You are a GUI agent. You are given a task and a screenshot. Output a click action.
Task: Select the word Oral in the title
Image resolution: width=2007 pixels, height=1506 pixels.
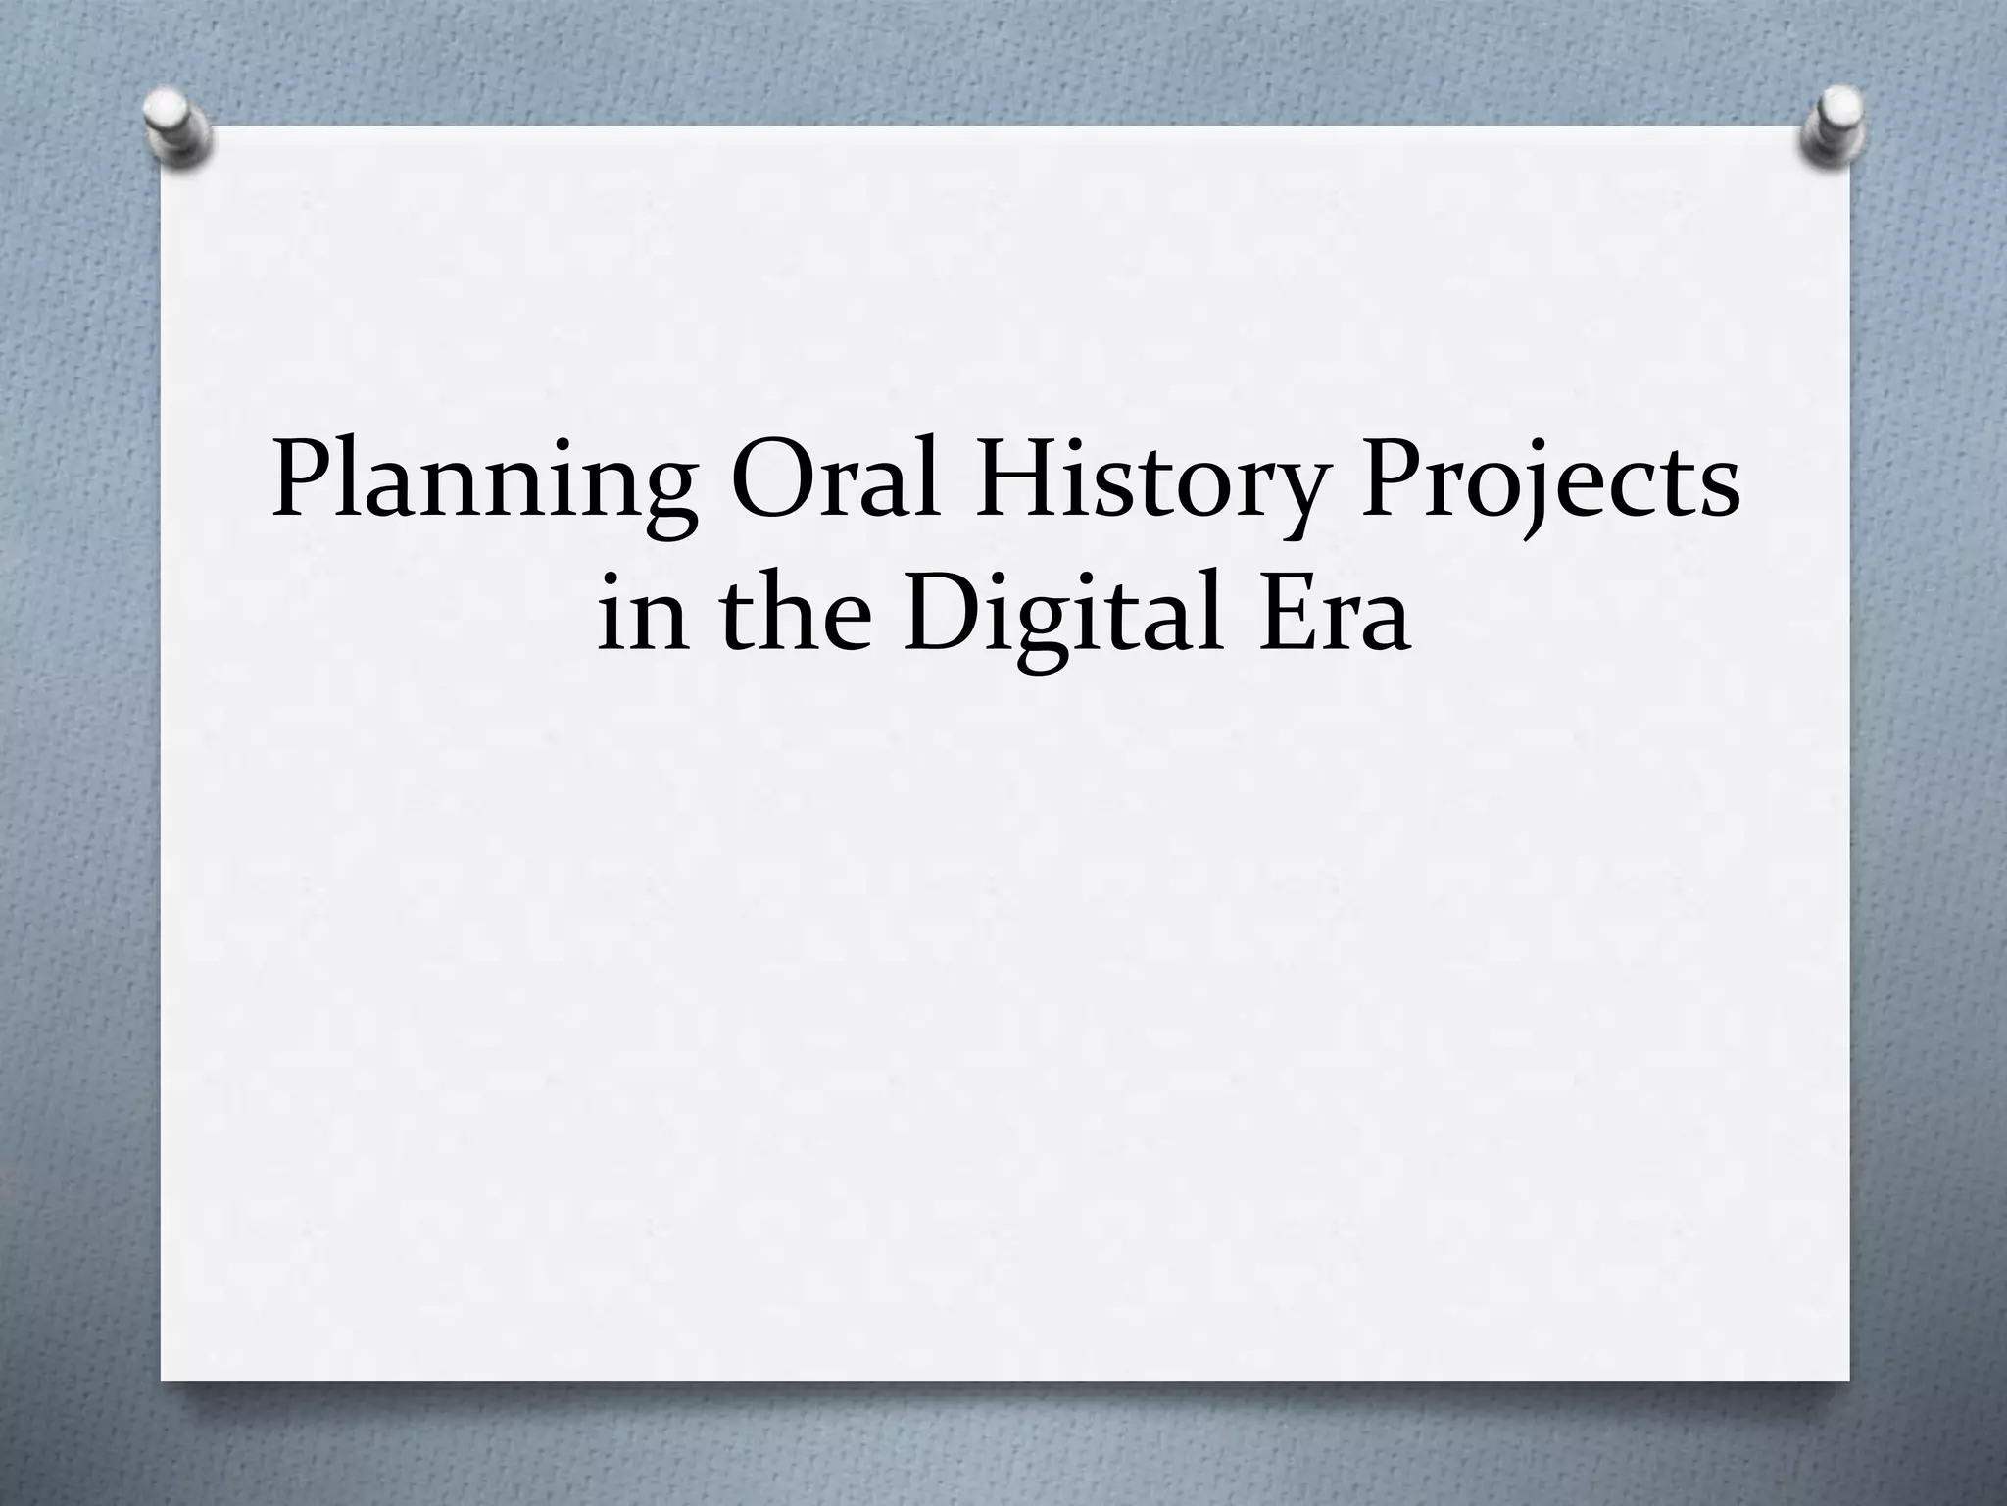[x=836, y=480]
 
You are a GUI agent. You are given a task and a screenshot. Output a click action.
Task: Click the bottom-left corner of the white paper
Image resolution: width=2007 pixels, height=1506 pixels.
[x=163, y=1380]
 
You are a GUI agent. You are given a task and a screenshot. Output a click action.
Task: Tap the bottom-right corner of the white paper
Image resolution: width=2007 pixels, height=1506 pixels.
[x=1848, y=1380]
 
